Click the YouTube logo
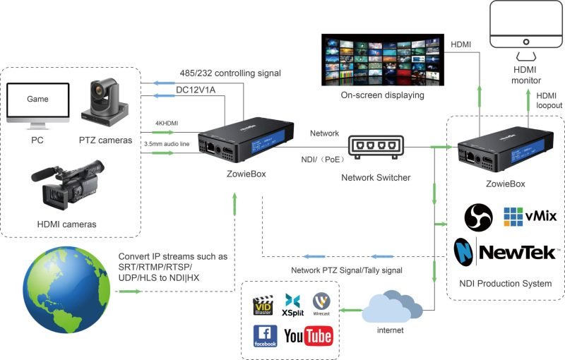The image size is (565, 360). point(308,336)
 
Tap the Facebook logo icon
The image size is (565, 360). point(265,336)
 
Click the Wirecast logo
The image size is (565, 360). point(321,304)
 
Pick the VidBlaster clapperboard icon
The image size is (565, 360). point(263,305)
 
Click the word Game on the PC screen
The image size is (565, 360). point(37,100)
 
